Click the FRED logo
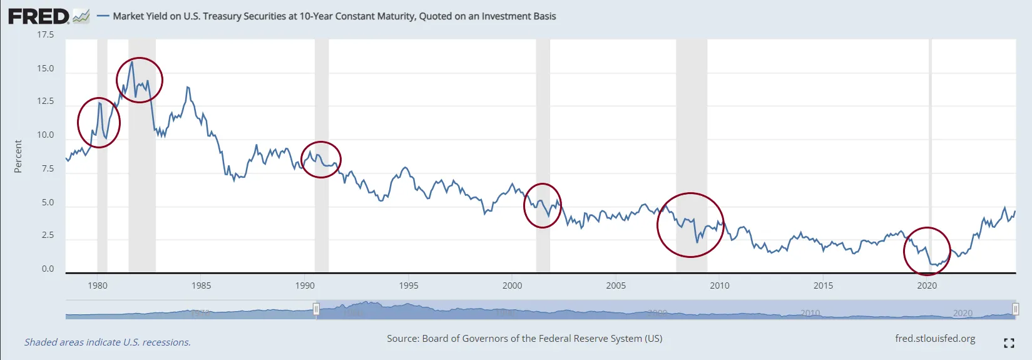39,16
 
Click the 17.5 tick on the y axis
45,34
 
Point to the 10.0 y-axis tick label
45,135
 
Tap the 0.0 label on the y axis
48,269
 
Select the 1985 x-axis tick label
201,285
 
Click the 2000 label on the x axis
512,285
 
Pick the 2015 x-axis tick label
823,285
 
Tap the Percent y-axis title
18,156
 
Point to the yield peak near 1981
131,61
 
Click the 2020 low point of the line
935,265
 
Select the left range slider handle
316,309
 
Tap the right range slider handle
1015,309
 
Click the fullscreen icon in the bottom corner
1009,342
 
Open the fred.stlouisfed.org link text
935,339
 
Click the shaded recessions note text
108,342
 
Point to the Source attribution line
524,339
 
